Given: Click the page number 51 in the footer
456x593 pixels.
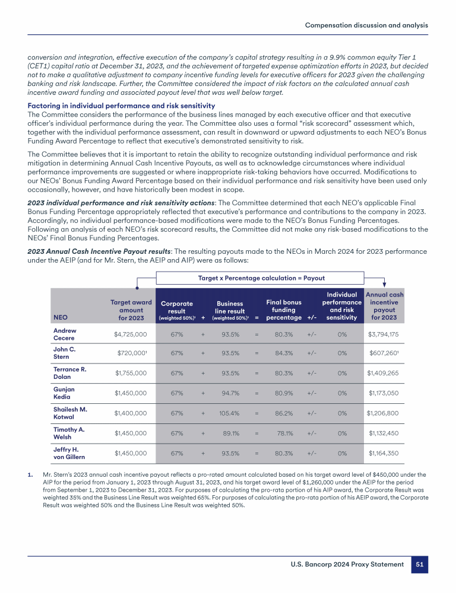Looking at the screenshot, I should [x=419, y=565].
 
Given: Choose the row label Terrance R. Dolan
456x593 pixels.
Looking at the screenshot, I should [x=70, y=374].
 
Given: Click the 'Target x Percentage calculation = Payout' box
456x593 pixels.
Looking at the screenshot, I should [x=261, y=278].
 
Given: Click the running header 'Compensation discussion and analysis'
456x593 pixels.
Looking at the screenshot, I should [x=366, y=25].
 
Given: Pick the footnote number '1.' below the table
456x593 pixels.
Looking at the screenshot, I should [x=30, y=475].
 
